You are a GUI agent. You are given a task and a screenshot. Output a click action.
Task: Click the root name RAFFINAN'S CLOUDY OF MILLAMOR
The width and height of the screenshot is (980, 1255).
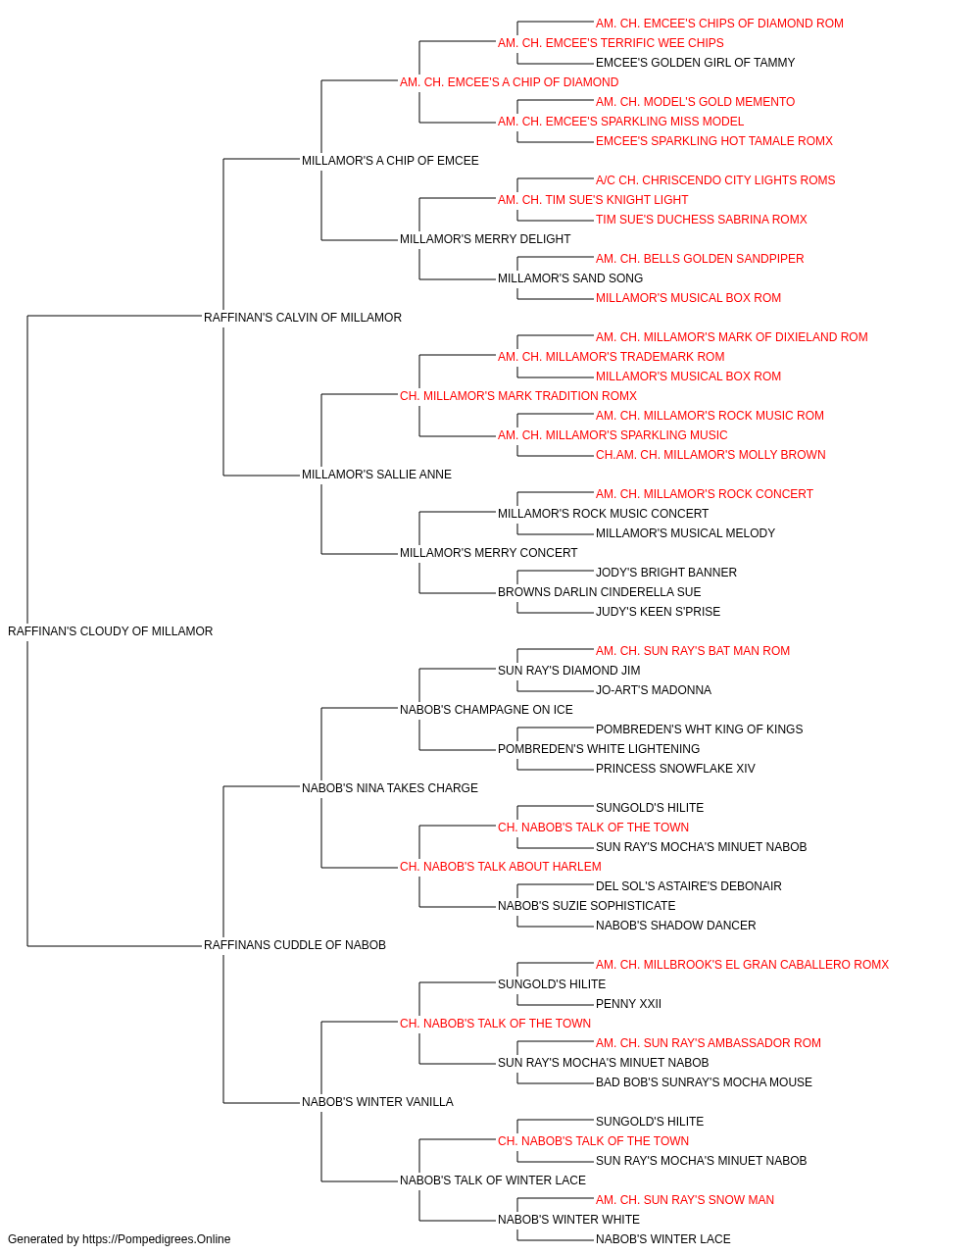click(110, 631)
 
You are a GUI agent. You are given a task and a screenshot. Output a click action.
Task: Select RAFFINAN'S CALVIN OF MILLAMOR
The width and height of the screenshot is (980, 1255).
click(303, 318)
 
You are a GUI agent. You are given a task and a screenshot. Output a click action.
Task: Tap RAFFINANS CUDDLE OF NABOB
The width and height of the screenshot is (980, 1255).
click(294, 945)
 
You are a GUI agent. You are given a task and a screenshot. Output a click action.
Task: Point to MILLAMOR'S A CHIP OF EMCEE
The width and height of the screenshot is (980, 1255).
click(390, 161)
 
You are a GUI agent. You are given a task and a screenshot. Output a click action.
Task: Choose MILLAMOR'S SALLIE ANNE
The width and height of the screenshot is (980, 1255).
click(376, 475)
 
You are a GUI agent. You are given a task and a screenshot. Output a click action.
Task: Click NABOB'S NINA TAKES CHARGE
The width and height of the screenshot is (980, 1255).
click(390, 787)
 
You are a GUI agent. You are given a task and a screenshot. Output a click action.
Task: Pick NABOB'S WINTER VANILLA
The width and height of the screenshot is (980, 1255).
click(377, 1101)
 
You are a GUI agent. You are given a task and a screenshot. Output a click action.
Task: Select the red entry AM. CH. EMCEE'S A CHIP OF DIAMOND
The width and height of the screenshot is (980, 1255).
click(509, 82)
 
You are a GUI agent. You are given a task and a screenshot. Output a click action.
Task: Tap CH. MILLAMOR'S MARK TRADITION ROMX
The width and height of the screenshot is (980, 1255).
click(518, 395)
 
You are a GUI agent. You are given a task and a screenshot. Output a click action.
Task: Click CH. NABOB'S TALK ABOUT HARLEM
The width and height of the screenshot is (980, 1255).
click(501, 867)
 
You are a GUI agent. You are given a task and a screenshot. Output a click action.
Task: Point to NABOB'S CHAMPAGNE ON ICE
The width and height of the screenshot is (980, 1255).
click(486, 709)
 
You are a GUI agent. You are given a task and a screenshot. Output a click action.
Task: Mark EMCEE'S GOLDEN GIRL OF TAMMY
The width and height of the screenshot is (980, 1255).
click(695, 63)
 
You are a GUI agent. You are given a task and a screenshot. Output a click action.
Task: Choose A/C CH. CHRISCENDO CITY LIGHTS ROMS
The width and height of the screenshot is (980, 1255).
click(715, 180)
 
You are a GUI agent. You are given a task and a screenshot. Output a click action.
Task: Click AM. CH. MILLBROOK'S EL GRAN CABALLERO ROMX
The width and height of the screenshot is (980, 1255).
click(742, 965)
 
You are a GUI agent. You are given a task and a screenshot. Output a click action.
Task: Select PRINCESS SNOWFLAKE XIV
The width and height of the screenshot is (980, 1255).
click(675, 768)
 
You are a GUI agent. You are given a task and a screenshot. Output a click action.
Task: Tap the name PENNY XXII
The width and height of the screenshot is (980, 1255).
click(628, 1004)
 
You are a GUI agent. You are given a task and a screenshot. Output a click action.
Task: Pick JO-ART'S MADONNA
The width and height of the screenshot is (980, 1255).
click(654, 689)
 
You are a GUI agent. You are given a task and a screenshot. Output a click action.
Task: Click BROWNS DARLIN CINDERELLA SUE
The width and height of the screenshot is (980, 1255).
click(599, 592)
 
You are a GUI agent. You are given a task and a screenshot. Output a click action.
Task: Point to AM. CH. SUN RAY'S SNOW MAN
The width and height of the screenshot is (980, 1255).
click(684, 1199)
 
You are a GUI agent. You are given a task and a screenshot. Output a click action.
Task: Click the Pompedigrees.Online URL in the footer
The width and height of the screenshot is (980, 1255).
click(157, 1239)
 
